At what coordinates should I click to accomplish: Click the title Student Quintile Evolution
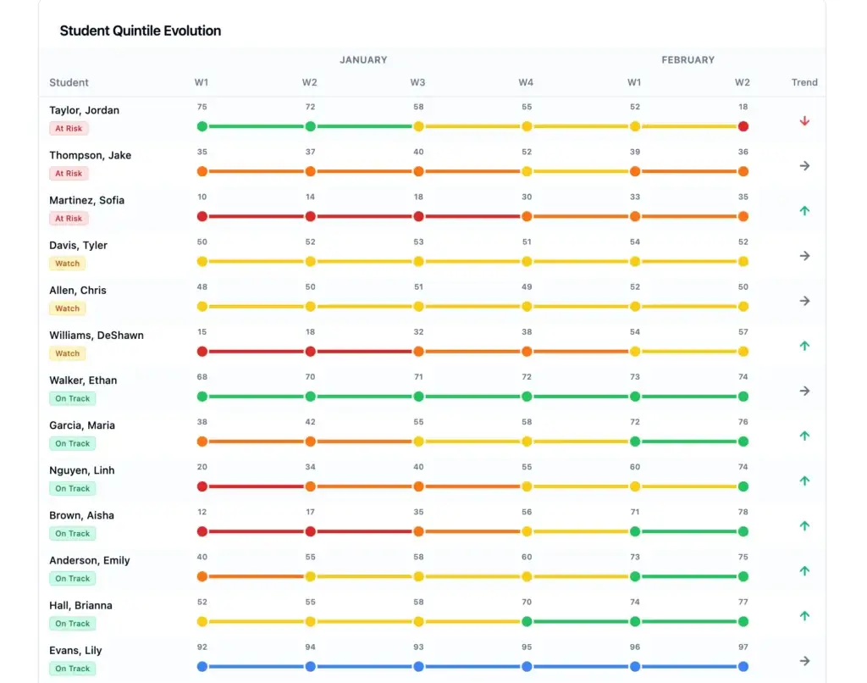pos(140,31)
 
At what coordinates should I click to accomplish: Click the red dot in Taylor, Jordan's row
pos(743,126)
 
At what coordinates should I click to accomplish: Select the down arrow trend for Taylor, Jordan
pos(804,121)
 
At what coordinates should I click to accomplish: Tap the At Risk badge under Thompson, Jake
pos(69,174)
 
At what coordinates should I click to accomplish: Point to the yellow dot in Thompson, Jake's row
pos(527,171)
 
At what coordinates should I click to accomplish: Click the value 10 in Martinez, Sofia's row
pos(202,197)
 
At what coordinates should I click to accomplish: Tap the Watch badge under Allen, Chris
pos(67,308)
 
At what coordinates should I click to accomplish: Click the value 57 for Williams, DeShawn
pos(743,331)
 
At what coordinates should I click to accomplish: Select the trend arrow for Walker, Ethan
pos(804,391)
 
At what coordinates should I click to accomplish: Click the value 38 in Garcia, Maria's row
pos(202,421)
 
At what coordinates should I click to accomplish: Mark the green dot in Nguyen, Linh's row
pos(743,486)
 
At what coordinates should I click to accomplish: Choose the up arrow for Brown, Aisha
pos(804,525)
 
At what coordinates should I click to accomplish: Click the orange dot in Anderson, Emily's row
pos(202,576)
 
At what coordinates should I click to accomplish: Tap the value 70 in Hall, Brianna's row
pos(527,602)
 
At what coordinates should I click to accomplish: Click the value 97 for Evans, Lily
pos(743,647)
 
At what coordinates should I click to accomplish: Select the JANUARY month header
pos(363,60)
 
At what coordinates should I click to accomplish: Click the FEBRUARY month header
pos(688,60)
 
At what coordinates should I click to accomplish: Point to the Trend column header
pos(804,82)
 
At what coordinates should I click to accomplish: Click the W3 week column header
pos(418,82)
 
